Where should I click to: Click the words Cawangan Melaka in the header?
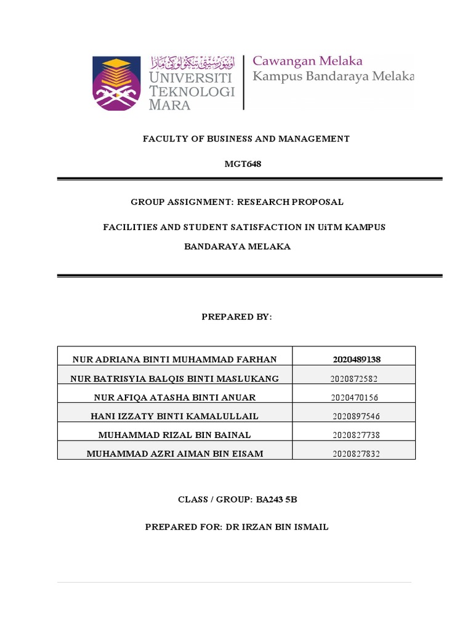coord(308,61)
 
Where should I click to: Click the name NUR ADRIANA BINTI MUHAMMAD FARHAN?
coord(174,359)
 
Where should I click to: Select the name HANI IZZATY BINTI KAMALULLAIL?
coord(174,417)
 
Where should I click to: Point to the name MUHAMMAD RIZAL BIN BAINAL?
coord(174,435)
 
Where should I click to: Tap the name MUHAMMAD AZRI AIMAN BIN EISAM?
coord(174,454)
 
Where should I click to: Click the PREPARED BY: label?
coord(236,317)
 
